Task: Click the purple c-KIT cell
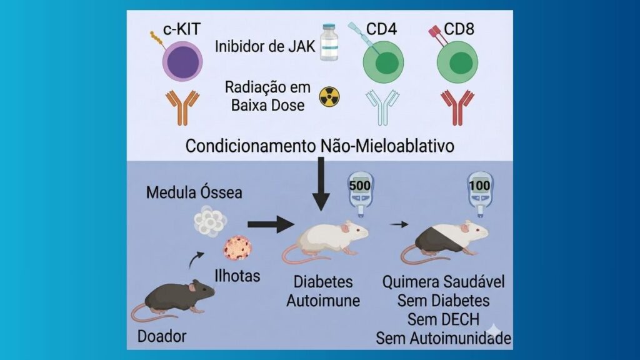[182, 62]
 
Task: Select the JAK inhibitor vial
[329, 42]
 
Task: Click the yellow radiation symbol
[328, 96]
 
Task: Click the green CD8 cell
[457, 62]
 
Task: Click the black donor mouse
[175, 297]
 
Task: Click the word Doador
[161, 336]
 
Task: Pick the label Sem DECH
[443, 319]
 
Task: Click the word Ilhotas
[237, 276]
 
